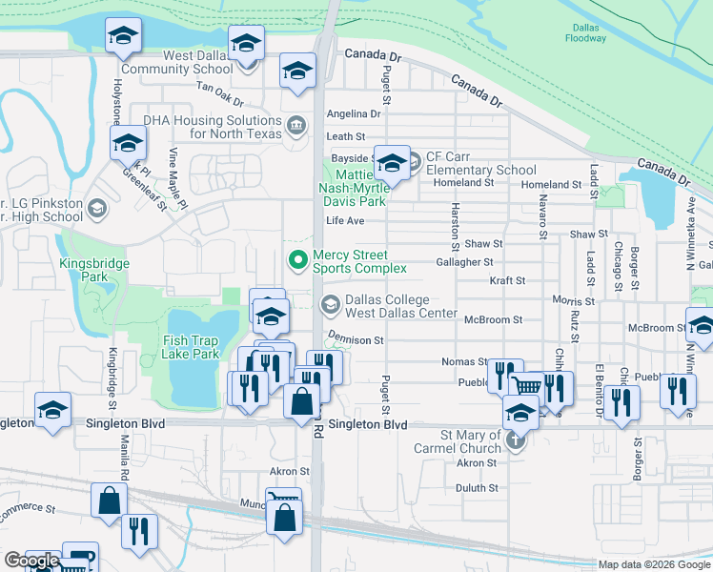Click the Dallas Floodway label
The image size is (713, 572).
pyautogui.click(x=584, y=33)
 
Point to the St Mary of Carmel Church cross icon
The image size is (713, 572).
pyautogui.click(x=515, y=440)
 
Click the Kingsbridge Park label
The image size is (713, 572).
pyautogui.click(x=83, y=270)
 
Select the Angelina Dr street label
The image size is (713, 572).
pyautogui.click(x=353, y=113)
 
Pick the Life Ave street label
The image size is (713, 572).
pyautogui.click(x=345, y=220)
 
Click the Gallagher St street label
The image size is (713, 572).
pyautogui.click(x=463, y=261)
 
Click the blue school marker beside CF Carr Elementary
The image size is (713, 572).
pyautogui.click(x=391, y=163)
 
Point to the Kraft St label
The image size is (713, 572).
pyautogui.click(x=507, y=281)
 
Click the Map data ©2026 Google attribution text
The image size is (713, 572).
pyautogui.click(x=653, y=564)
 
